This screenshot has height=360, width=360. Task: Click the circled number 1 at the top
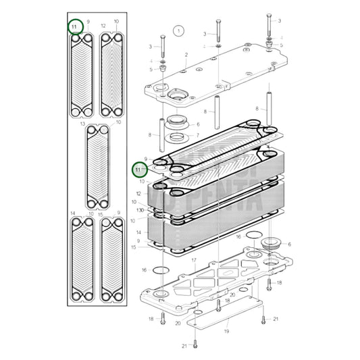click(x=178, y=30)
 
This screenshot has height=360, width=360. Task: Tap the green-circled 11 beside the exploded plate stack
click(x=140, y=169)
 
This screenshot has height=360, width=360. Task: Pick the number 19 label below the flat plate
click(x=226, y=332)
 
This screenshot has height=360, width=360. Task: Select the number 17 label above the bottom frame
click(x=193, y=260)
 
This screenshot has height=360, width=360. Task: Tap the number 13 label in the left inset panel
click(x=82, y=124)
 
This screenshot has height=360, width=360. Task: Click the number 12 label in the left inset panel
click(x=103, y=26)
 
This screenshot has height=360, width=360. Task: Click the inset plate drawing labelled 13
click(x=97, y=168)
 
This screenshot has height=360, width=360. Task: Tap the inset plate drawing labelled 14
click(x=82, y=260)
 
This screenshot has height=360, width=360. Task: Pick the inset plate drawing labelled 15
click(x=113, y=260)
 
